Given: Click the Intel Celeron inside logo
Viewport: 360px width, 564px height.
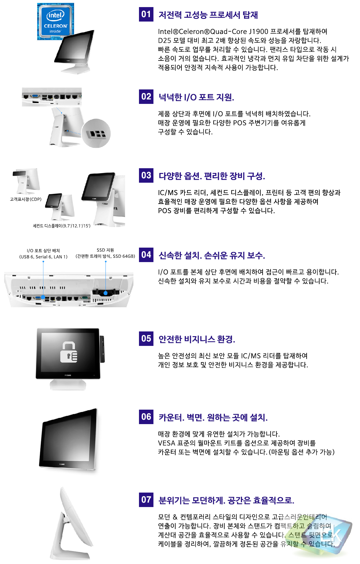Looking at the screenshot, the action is (x=55, y=21).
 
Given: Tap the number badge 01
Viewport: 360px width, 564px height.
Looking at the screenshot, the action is (x=146, y=14).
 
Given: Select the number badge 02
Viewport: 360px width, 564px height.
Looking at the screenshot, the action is (x=146, y=97).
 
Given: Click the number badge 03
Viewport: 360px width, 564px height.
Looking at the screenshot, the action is (x=146, y=175).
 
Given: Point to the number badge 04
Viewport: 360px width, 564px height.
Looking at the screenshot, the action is (x=146, y=255).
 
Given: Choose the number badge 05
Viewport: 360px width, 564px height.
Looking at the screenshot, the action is (x=146, y=339).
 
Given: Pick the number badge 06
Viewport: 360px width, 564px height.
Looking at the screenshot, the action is (x=146, y=417).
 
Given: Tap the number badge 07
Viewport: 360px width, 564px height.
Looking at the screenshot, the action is (x=146, y=500).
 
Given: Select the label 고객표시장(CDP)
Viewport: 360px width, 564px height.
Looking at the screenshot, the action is (x=26, y=199).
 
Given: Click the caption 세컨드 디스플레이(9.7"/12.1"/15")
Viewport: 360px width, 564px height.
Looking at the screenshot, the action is (x=62, y=226).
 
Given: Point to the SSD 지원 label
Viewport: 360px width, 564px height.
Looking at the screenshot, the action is (x=105, y=250).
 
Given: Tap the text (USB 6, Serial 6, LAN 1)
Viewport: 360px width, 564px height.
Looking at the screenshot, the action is (x=43, y=257).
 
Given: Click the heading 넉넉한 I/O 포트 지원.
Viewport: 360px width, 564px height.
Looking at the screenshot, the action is (x=196, y=97).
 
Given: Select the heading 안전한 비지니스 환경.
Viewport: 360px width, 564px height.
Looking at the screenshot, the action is (x=197, y=339).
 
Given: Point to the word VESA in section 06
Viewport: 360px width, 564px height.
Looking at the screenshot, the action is (x=166, y=443).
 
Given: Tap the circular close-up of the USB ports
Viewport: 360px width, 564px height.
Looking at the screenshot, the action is (x=96, y=133).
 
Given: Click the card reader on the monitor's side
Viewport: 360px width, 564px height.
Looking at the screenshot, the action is (x=102, y=349).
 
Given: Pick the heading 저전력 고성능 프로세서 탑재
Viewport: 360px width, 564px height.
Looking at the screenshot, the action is (x=208, y=15).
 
